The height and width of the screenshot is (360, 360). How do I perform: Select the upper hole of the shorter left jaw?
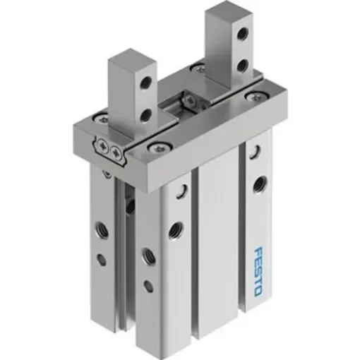(x=147, y=84)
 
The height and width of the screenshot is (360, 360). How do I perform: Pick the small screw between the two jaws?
(x=188, y=102)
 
